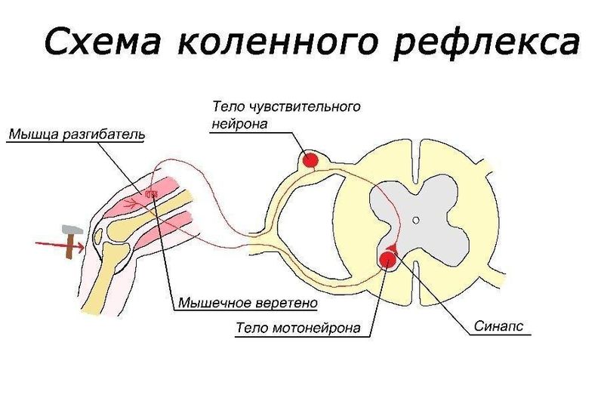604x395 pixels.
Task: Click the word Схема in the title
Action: (x=103, y=41)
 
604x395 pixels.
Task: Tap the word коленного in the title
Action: (x=276, y=41)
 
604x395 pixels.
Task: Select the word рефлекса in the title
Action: (x=486, y=43)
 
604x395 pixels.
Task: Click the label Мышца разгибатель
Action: (x=77, y=134)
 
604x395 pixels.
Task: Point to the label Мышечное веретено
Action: (x=248, y=303)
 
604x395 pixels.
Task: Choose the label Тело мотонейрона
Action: (x=298, y=328)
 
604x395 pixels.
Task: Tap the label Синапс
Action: (x=498, y=326)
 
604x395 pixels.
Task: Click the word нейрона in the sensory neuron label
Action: (x=239, y=124)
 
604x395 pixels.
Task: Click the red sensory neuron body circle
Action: (x=310, y=159)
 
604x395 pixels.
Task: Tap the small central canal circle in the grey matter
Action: (x=416, y=221)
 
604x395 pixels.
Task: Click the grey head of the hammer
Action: (x=72, y=230)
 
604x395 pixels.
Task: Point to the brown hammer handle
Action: (x=70, y=246)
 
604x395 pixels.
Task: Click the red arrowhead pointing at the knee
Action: (x=80, y=247)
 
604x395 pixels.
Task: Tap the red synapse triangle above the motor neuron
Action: (x=392, y=248)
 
